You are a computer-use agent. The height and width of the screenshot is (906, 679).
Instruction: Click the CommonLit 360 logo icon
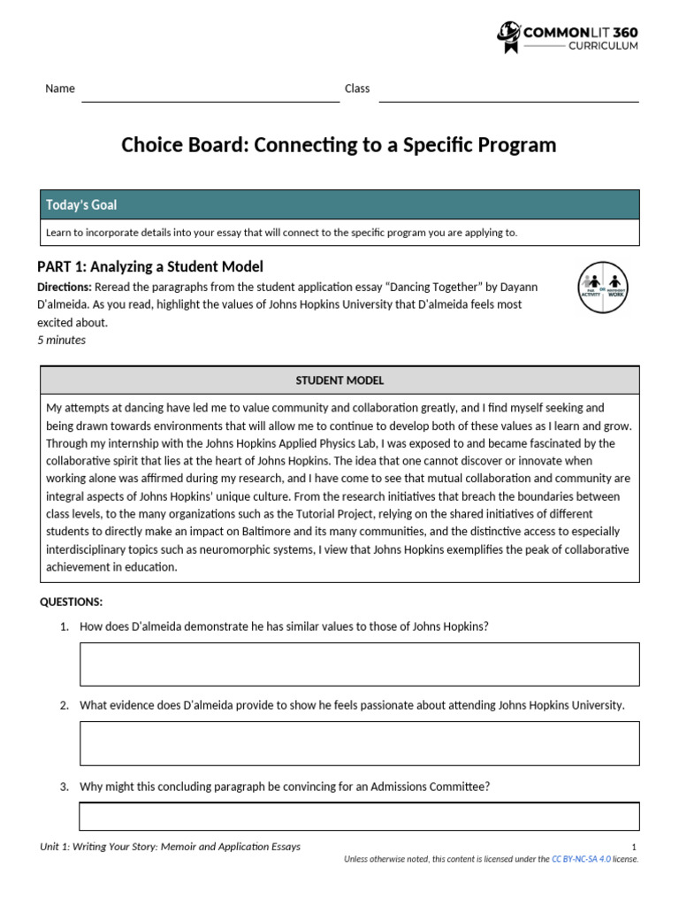click(x=508, y=37)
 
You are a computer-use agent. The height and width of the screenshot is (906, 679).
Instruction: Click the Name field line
click(x=210, y=100)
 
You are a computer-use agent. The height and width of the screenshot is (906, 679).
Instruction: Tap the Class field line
click(x=508, y=100)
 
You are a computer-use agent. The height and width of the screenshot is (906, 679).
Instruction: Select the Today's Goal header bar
click(x=339, y=204)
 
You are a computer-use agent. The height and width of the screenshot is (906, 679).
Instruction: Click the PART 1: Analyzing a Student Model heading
click(x=150, y=266)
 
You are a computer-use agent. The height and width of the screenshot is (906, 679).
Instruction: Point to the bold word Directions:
click(x=65, y=287)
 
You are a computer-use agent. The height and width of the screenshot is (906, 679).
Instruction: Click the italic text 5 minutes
click(x=61, y=340)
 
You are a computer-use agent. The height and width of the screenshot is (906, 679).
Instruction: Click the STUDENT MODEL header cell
click(x=339, y=380)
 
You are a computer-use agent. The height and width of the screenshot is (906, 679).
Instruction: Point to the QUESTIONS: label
click(x=72, y=603)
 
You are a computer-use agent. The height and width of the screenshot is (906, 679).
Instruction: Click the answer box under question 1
click(x=359, y=664)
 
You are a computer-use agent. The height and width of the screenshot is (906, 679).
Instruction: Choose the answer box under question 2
click(x=359, y=743)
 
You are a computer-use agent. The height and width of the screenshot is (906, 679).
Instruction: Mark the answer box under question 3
click(x=359, y=816)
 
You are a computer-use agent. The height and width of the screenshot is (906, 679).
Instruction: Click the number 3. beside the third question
click(x=65, y=787)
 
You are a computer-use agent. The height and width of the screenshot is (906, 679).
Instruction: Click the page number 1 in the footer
click(x=635, y=847)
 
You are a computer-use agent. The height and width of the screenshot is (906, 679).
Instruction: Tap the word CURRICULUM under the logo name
click(x=602, y=45)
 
